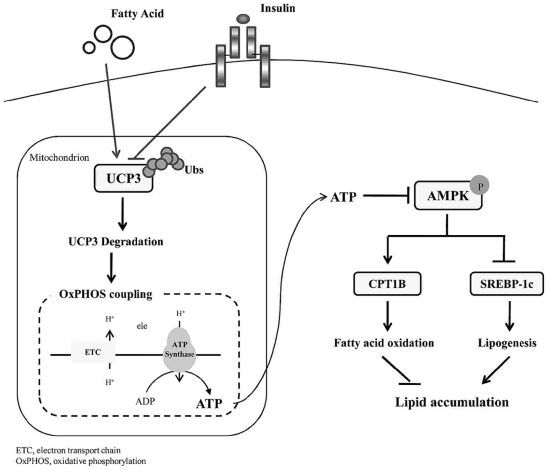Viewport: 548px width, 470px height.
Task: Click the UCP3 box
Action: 123,178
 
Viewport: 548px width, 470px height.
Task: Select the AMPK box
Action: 448,196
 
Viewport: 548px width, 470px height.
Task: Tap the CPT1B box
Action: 387,284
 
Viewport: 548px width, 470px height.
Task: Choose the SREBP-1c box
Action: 507,284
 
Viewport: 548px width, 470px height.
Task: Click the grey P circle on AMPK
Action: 480,186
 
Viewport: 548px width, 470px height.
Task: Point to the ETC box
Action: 93,352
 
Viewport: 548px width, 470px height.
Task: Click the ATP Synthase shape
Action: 179,350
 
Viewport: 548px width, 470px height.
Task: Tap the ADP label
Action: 145,401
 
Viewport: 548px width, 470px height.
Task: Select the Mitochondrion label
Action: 59,157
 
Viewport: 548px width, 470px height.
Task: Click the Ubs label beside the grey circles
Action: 194,170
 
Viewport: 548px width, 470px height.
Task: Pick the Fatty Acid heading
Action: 137,14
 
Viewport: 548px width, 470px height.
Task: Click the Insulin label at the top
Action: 278,8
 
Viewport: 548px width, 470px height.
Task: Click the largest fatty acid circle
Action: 122,48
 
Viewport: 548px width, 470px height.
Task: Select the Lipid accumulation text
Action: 452,402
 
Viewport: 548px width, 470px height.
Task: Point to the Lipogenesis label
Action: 507,343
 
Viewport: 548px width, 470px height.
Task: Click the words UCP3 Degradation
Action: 116,241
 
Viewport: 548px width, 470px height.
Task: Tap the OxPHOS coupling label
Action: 106,294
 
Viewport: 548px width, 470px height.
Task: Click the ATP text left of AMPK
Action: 343,197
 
